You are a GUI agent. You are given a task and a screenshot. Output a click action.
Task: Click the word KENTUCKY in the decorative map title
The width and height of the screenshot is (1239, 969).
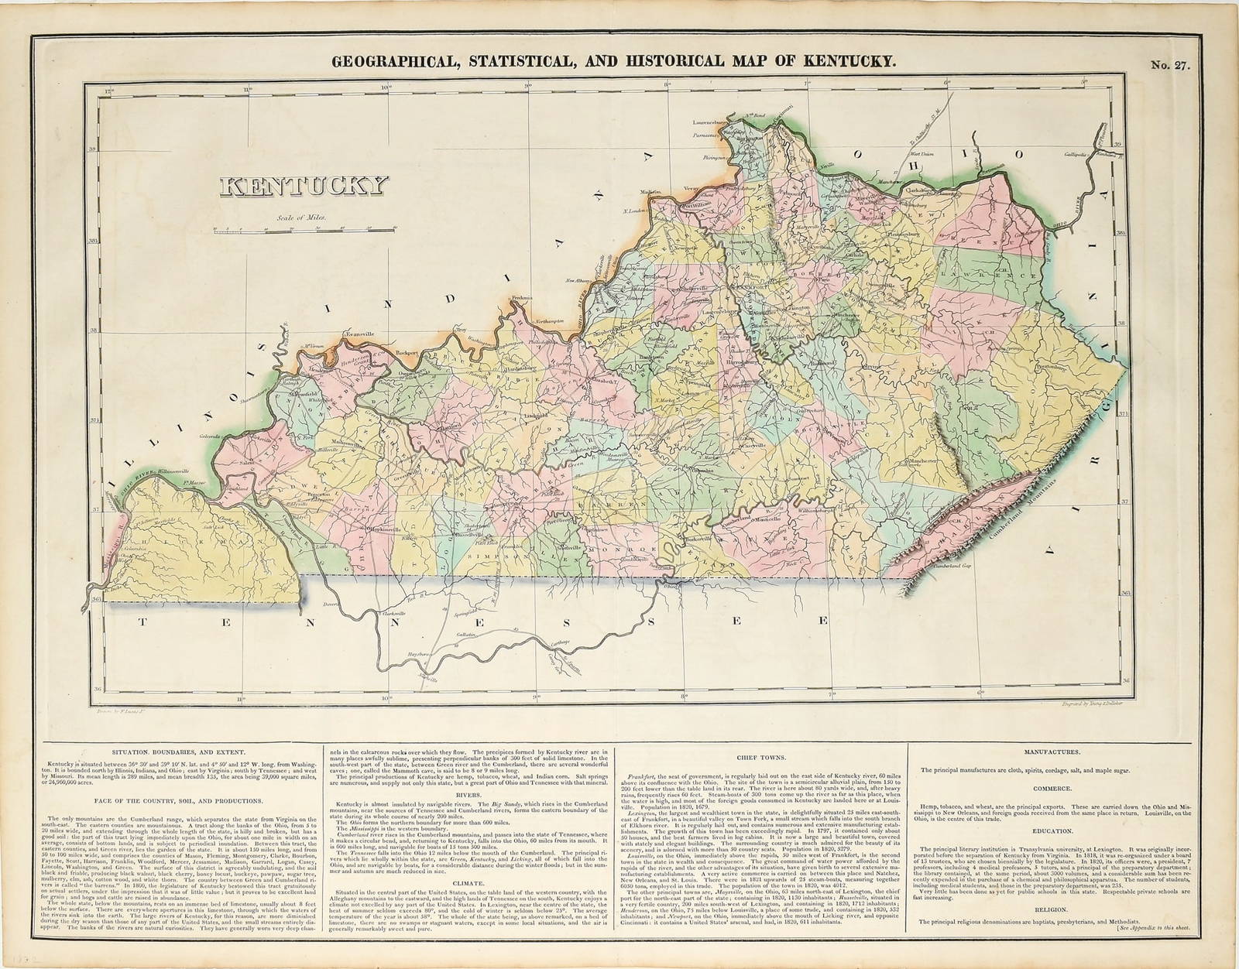tap(304, 186)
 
